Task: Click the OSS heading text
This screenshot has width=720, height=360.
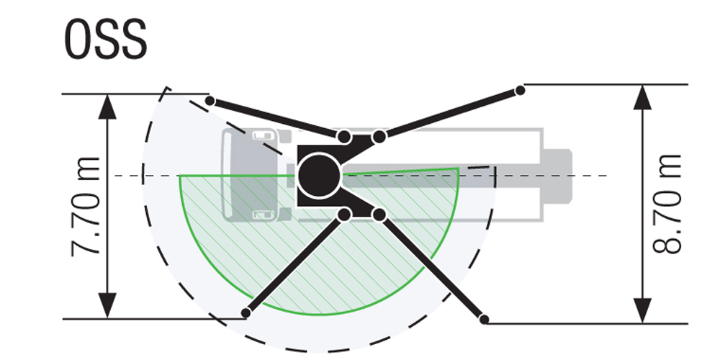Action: (x=106, y=40)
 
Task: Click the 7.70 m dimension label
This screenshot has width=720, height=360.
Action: (x=86, y=207)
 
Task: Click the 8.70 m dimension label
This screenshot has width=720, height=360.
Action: (x=667, y=204)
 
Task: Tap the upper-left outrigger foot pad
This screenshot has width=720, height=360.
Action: (x=210, y=101)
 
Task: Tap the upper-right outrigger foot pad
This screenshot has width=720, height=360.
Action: (x=520, y=91)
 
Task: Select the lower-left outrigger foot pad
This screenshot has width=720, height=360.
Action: (x=246, y=313)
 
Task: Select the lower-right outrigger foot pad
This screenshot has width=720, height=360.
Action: (x=484, y=319)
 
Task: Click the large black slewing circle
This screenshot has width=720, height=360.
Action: (x=319, y=176)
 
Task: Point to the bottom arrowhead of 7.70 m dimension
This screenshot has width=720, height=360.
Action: (x=107, y=305)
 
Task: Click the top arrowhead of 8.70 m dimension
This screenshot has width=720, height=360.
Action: (x=642, y=97)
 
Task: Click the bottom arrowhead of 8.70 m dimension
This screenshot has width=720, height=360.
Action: (x=642, y=310)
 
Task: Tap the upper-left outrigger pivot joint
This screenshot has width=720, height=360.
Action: (x=344, y=136)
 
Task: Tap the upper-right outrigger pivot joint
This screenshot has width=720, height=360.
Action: (x=379, y=136)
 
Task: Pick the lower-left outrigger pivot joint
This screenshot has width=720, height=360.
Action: (x=344, y=215)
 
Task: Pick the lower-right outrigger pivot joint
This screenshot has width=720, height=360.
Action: (x=379, y=215)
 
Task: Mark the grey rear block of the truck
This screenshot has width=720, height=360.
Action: (x=557, y=176)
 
